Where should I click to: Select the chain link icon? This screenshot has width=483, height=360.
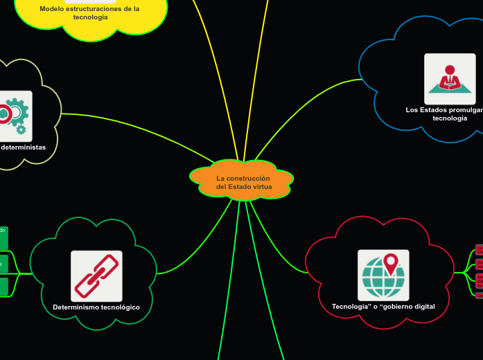[96, 276]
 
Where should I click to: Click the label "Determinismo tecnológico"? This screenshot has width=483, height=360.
[96, 307]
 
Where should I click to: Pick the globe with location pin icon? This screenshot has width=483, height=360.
[383, 275]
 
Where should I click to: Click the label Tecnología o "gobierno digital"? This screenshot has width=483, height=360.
[383, 306]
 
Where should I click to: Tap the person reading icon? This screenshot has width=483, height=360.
[450, 78]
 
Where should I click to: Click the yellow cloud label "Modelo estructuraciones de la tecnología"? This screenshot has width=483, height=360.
[90, 12]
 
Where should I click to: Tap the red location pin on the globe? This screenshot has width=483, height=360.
[391, 264]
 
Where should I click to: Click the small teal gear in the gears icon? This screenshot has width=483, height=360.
[21, 129]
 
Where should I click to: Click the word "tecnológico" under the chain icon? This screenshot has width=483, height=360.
[118, 307]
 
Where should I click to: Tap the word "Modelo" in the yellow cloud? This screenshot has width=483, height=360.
[53, 8]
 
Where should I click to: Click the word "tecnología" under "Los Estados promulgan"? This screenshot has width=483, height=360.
[450, 118]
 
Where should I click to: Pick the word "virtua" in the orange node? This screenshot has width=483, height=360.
[263, 187]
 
